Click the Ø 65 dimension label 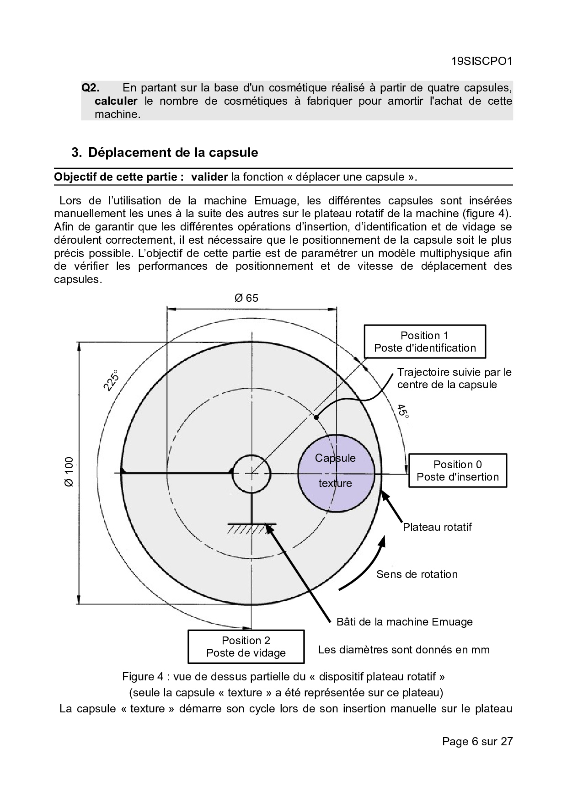246,298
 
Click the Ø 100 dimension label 69,472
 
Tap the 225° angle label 111,380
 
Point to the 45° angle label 402,411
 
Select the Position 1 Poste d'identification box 425,342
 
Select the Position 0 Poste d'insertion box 458,471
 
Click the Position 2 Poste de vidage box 246,647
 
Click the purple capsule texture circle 336,473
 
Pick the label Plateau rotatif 437,527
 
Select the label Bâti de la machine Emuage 404,622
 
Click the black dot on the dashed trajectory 316,417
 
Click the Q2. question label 91,88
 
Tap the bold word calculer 116,101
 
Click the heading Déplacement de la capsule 173,152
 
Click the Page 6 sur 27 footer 477,741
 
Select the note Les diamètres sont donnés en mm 404,650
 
